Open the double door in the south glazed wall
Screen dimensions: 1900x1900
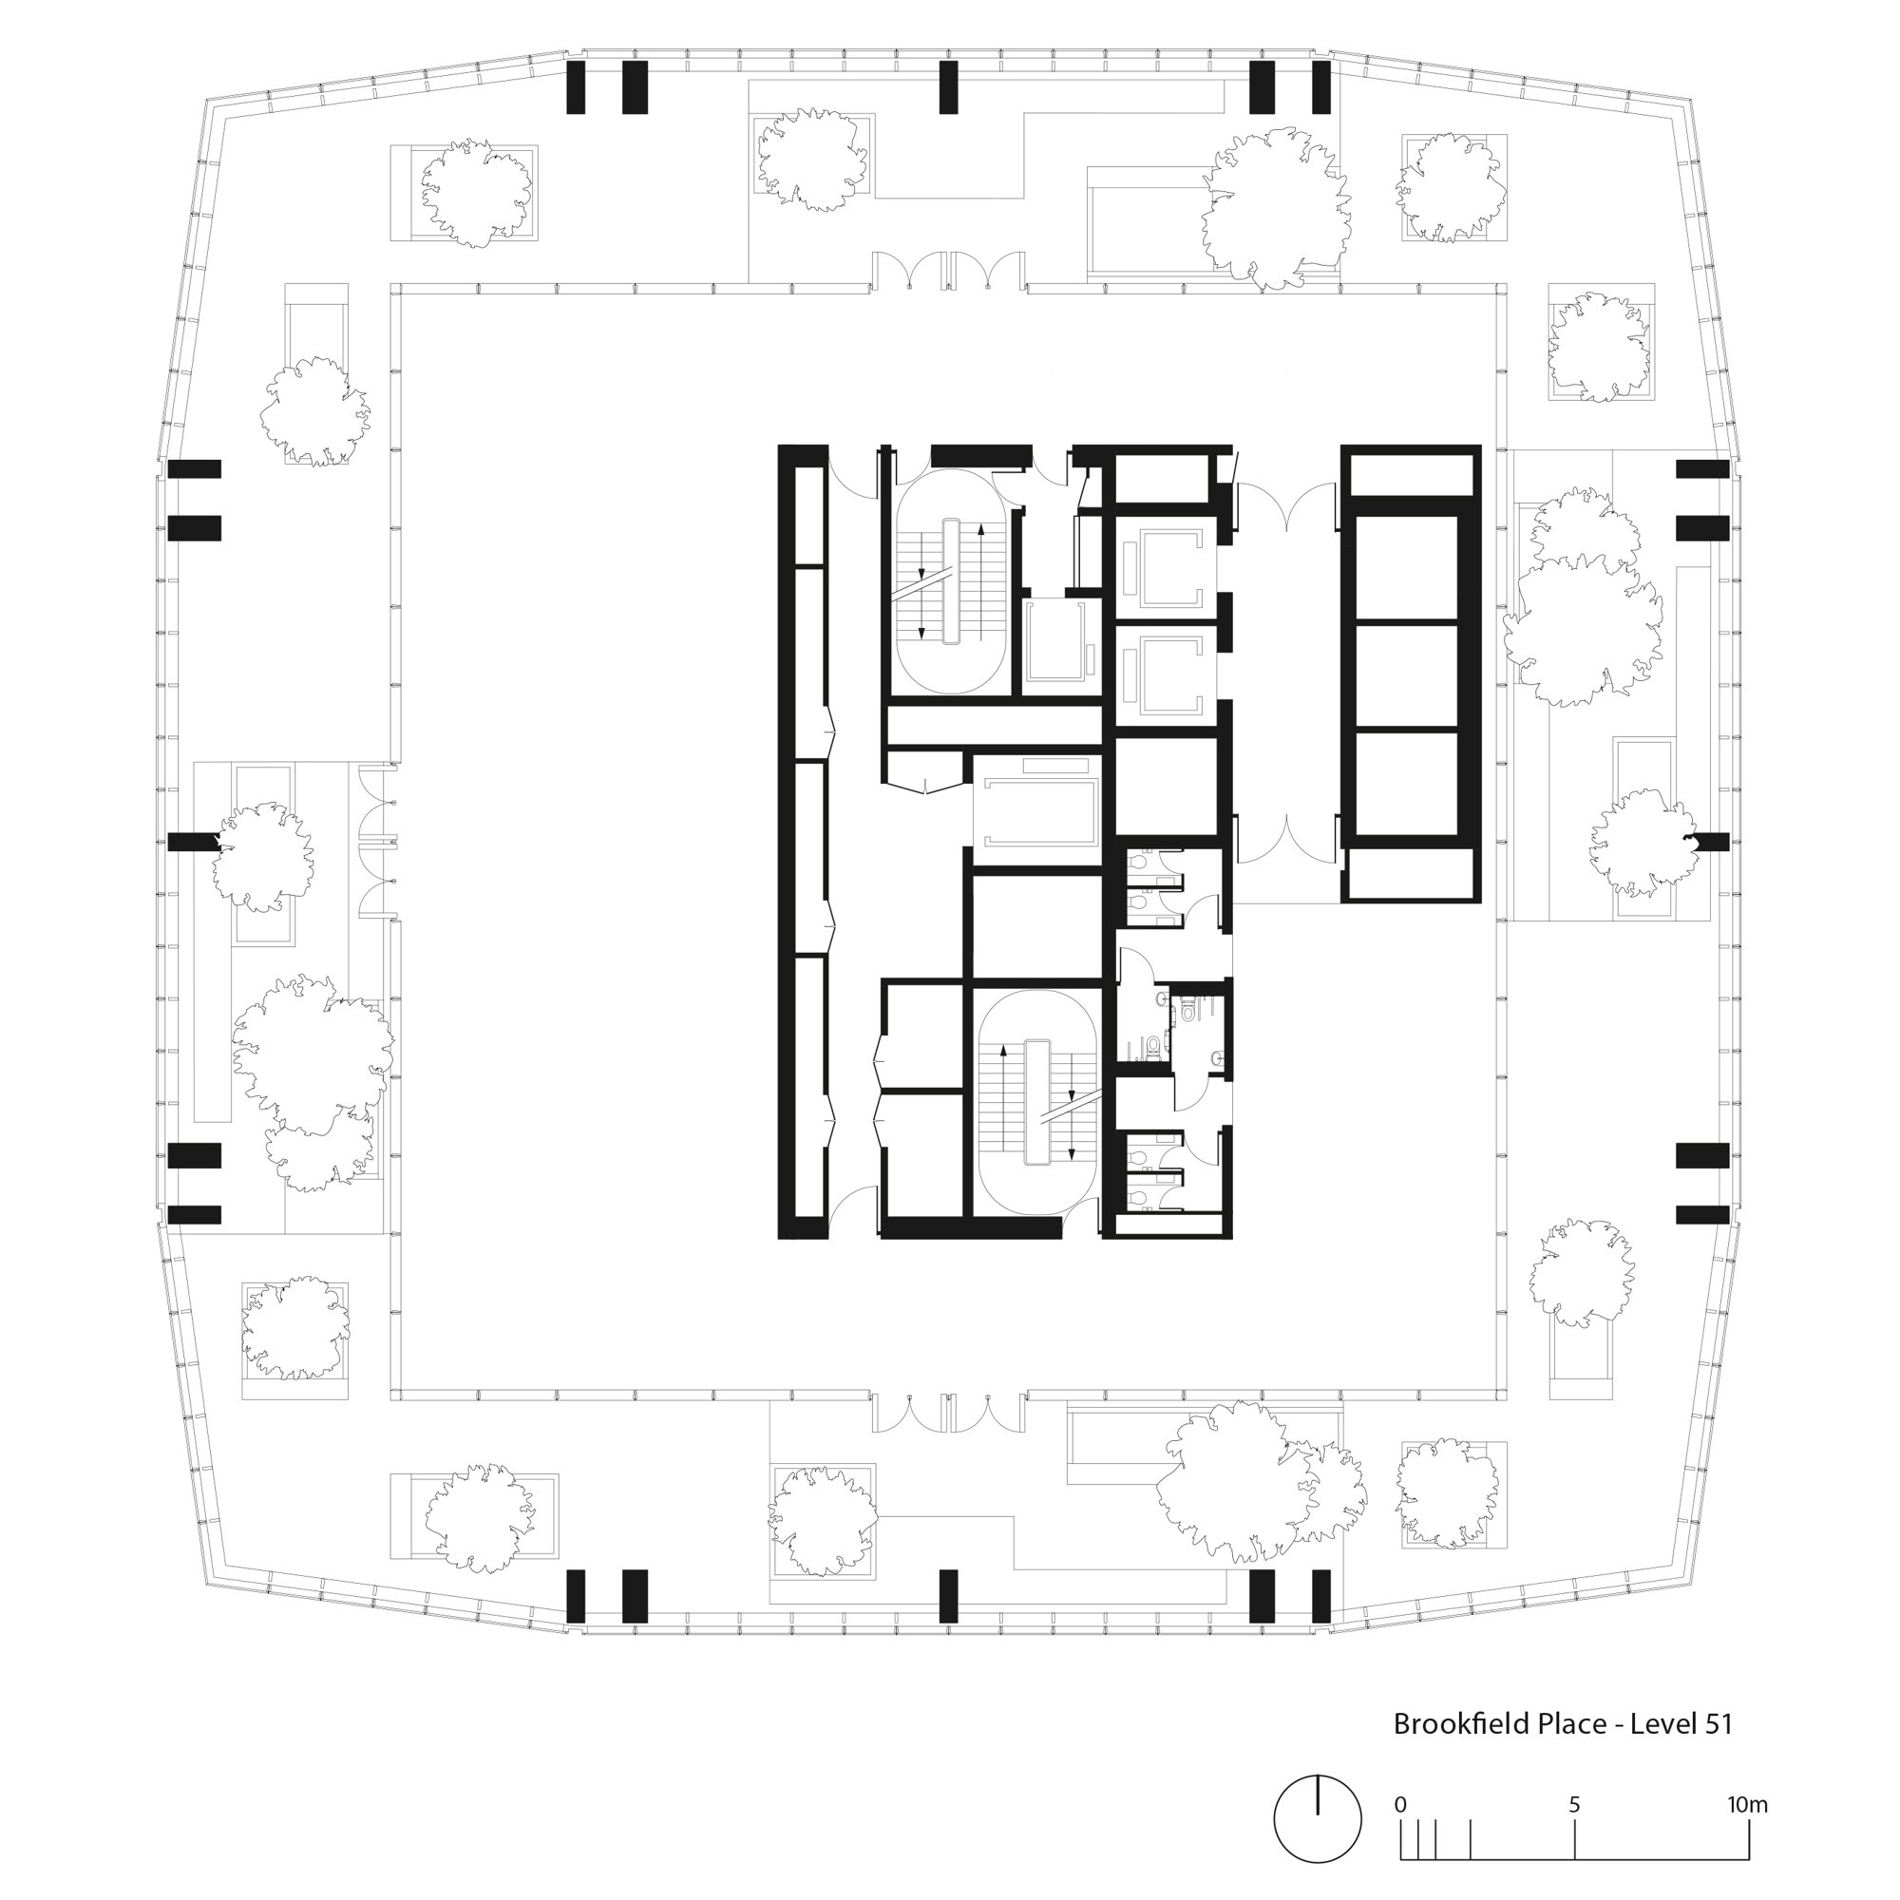click(948, 1412)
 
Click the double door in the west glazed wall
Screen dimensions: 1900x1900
click(378, 842)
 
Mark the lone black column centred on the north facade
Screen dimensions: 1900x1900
click(948, 86)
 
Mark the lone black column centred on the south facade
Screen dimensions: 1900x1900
click(948, 1596)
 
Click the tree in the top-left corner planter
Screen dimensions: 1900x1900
click(476, 192)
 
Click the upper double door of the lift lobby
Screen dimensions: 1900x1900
click(1286, 506)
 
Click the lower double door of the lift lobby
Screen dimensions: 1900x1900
click(1286, 838)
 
